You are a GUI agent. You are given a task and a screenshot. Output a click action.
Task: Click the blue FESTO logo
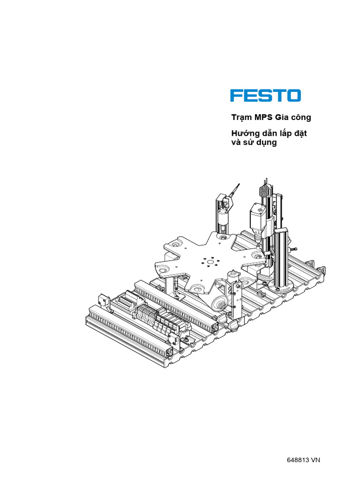pyautogui.click(x=265, y=96)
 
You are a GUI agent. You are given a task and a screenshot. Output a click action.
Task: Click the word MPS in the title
pyautogui.click(x=261, y=117)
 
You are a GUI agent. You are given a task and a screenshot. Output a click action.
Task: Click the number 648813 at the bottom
pyautogui.click(x=298, y=460)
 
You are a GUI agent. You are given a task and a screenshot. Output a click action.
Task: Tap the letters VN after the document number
pyautogui.click(x=315, y=460)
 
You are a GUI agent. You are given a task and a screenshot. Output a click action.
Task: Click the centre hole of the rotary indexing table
pyautogui.click(x=210, y=262)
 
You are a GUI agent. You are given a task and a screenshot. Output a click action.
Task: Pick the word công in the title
pyautogui.click(x=301, y=118)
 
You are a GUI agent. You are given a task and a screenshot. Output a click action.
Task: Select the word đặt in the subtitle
pyautogui.click(x=300, y=134)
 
